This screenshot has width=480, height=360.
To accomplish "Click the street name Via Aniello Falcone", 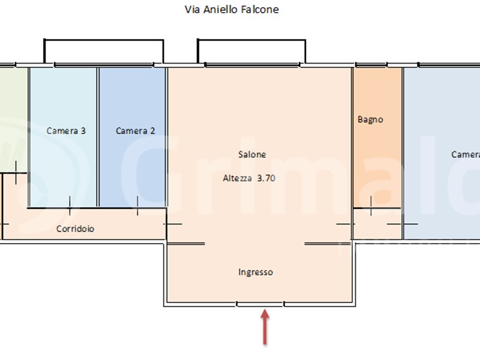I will [231, 10].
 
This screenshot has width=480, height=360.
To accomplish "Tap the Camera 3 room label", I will [66, 131].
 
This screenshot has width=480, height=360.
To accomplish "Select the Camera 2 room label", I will [136, 131].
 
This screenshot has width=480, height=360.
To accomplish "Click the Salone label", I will [252, 154].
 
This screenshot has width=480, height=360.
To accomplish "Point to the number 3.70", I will [266, 178].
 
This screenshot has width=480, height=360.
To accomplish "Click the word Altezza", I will [238, 178].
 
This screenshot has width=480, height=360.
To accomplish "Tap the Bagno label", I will [370, 119].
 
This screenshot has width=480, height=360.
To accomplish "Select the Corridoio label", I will [75, 229].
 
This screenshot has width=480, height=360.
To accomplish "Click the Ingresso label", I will [256, 272].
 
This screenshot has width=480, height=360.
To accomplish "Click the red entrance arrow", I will [265, 327].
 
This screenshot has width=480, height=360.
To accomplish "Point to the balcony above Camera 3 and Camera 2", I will [103, 52].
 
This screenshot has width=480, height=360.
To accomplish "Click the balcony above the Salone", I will [251, 52].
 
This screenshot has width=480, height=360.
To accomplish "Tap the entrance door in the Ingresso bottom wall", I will [260, 304].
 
